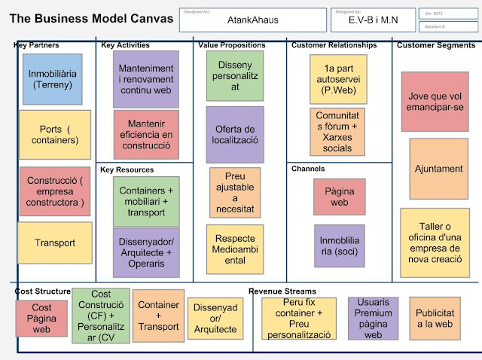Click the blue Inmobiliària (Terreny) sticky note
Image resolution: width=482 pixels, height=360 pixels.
(x=53, y=79)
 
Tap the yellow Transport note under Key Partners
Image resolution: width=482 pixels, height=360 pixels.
(x=54, y=243)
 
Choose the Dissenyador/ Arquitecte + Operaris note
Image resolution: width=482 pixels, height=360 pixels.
(x=146, y=252)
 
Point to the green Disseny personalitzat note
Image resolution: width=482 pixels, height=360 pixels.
(x=235, y=76)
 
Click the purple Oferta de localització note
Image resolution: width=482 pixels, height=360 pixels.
(x=236, y=135)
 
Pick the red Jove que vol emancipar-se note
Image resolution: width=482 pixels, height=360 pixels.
(x=435, y=102)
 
